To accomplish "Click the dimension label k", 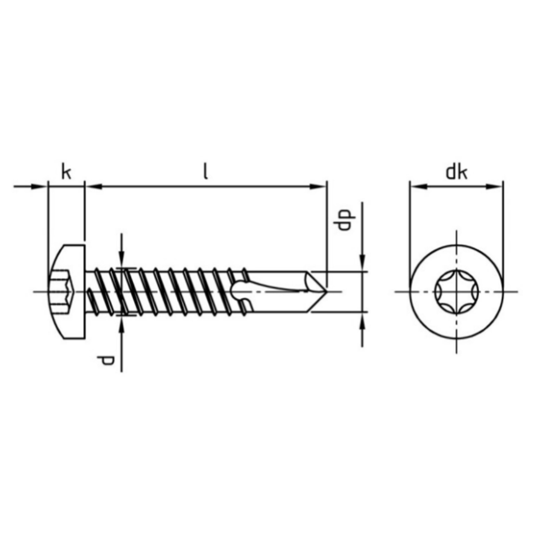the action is pos(66,173).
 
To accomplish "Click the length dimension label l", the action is pos(206,173).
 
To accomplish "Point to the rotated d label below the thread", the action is pos(106,360).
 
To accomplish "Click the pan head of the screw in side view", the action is pos(67,292).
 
